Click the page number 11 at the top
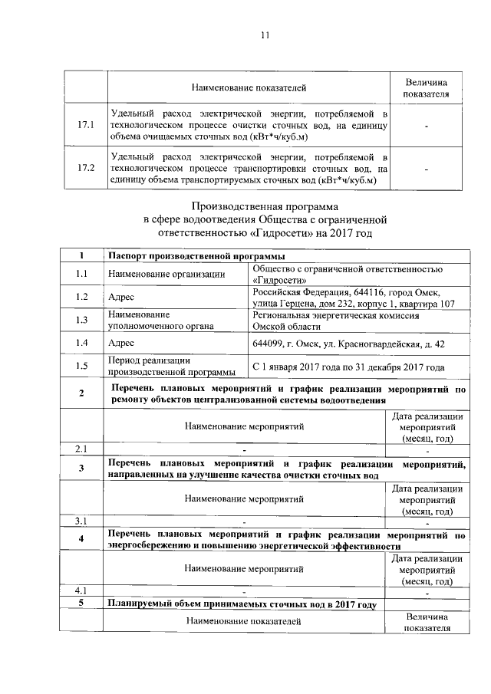tap(265, 35)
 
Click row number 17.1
tap(85, 124)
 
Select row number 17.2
tap(85, 167)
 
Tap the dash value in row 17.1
tap(427, 124)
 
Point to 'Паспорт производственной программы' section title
tap(196, 255)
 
